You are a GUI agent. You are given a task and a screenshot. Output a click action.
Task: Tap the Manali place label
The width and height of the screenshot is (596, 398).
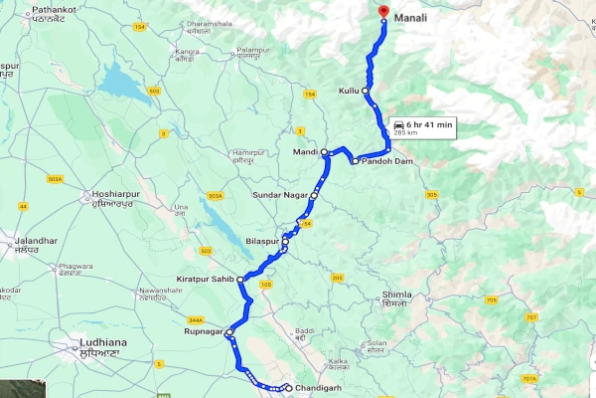tap(411, 16)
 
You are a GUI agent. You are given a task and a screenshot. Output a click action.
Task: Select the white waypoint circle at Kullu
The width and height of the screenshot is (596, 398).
tap(365, 91)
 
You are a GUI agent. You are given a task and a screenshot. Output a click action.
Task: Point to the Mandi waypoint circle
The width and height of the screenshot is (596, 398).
tap(324, 152)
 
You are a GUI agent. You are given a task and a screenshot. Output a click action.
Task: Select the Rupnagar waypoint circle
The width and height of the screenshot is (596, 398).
tap(228, 332)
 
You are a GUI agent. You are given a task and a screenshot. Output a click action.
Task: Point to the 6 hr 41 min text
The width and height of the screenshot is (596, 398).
tap(430, 123)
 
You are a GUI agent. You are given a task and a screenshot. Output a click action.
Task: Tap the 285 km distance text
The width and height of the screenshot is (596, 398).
tap(405, 132)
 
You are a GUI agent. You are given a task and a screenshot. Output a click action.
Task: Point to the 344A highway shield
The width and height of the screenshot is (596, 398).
tap(195, 320)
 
